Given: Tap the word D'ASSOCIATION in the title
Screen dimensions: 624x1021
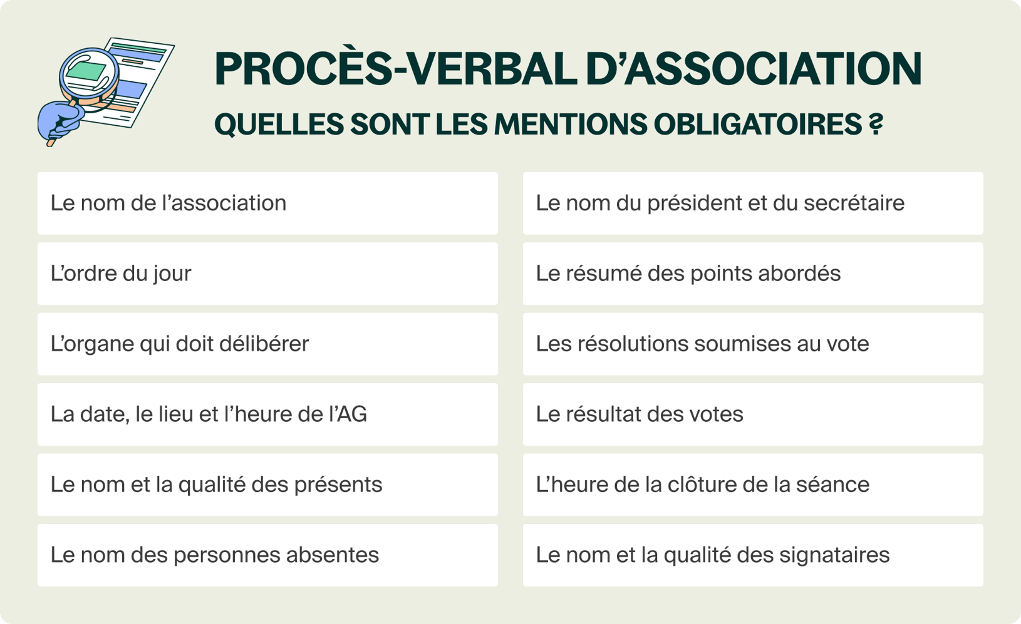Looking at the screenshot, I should click(x=754, y=69).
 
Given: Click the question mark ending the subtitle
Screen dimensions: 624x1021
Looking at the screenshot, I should click(x=876, y=124).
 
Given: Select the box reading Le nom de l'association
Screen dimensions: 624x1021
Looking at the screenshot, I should click(x=267, y=203).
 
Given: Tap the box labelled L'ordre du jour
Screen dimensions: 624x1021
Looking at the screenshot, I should click(x=267, y=274).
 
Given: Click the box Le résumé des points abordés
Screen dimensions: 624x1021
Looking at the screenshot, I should click(x=753, y=274).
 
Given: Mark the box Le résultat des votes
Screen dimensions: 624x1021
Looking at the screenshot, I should click(x=753, y=414).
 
